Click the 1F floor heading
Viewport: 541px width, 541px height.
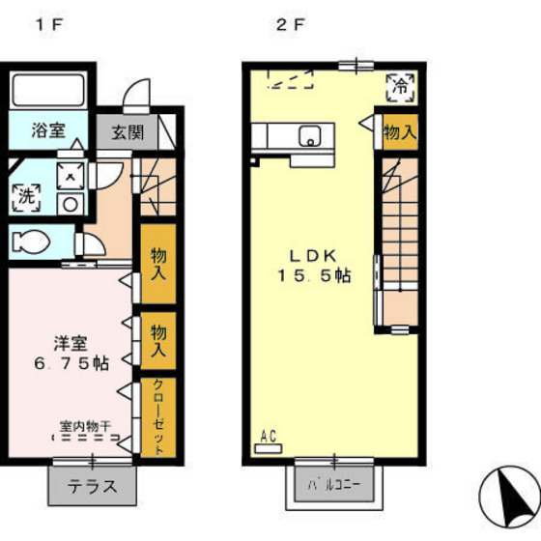click(x=50, y=24)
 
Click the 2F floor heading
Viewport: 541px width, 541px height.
click(x=291, y=24)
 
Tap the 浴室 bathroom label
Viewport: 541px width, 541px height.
click(x=48, y=130)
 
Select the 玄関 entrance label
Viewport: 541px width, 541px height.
click(x=128, y=132)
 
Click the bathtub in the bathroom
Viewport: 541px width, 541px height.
click(x=48, y=91)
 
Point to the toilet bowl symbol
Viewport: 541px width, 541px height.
click(x=30, y=242)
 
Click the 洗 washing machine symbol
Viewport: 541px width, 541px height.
click(x=27, y=197)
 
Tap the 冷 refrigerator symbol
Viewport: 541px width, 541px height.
click(x=400, y=88)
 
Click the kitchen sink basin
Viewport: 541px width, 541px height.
click(x=310, y=136)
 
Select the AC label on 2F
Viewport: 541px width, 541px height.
click(x=269, y=437)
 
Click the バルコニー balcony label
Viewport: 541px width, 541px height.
click(x=334, y=485)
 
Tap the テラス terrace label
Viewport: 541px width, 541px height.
click(x=93, y=487)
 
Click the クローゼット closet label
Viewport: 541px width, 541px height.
click(x=158, y=417)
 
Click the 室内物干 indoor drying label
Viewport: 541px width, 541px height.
click(x=86, y=426)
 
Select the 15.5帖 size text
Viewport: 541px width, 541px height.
click(x=314, y=275)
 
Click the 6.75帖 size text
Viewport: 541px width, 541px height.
click(x=71, y=363)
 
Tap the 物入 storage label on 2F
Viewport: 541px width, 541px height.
click(x=400, y=132)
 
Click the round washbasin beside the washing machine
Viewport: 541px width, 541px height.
click(x=71, y=205)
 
